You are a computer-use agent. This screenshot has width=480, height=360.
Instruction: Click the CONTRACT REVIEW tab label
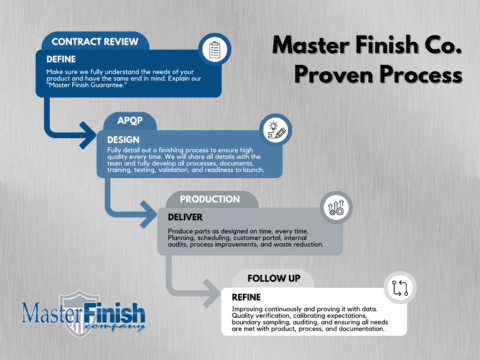coord(95,41)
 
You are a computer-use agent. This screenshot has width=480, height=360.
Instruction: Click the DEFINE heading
coord(62,58)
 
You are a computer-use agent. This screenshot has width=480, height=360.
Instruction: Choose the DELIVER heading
coord(185,216)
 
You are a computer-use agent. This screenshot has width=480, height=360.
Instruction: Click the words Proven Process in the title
coord(376,75)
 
